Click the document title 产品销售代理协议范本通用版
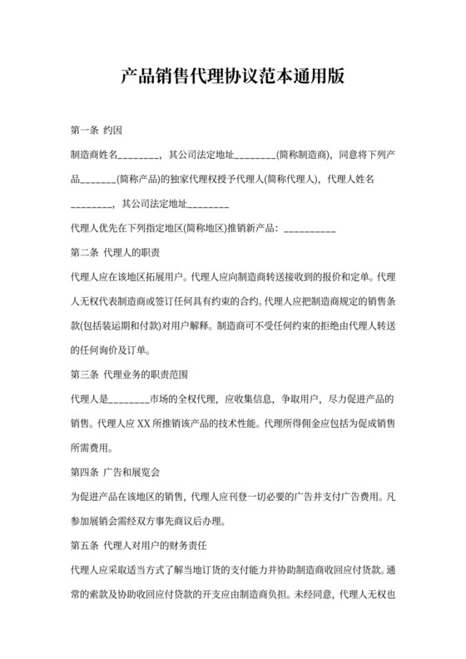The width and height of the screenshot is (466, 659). pos(232,77)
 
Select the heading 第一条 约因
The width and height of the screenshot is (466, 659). pos(98,130)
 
